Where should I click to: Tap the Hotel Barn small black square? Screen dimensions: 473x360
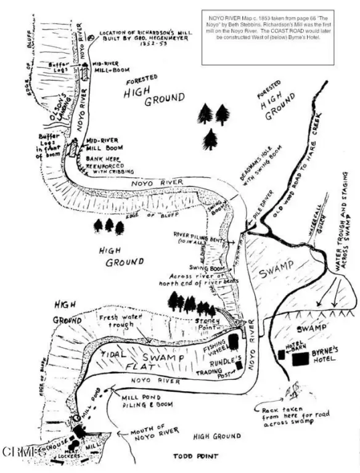(x=281, y=354)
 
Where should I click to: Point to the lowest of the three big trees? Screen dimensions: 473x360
(x=211, y=139)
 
